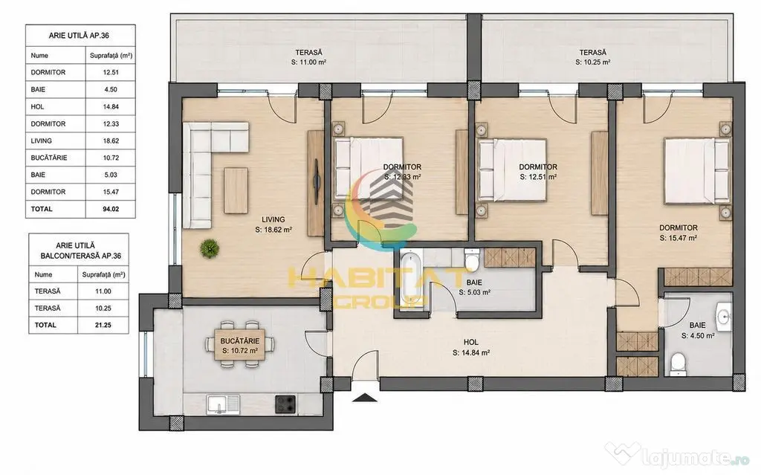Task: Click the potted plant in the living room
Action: (x=210, y=248)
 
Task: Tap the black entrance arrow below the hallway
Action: (x=364, y=398)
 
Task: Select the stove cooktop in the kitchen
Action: (x=285, y=404)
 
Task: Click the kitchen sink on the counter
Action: (x=223, y=404)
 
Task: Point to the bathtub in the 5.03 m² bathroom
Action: (x=411, y=280)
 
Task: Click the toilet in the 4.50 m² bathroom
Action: (x=677, y=363)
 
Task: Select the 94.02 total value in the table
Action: (x=111, y=209)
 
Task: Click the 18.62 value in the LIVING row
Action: (x=111, y=140)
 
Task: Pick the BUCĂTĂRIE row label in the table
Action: (x=49, y=158)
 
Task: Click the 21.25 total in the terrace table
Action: (x=103, y=325)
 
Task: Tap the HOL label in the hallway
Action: (x=470, y=343)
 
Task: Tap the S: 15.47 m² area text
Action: (x=679, y=238)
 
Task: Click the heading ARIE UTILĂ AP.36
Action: (x=79, y=36)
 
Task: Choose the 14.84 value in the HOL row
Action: (x=111, y=107)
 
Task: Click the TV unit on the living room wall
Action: (x=316, y=183)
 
